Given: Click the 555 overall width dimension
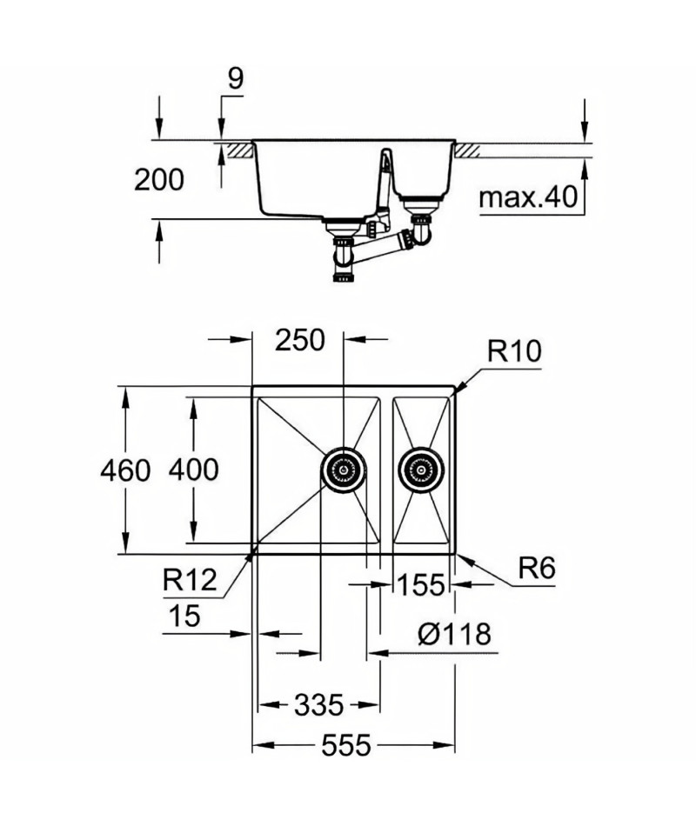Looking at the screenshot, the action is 346,745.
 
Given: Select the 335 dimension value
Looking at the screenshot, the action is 318,705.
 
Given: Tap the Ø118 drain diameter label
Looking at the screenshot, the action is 454,634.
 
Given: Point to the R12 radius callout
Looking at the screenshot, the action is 190,580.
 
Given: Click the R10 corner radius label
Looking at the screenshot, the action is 514,351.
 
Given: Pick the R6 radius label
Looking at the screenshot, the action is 537,569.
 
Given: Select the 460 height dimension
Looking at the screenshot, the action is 125,470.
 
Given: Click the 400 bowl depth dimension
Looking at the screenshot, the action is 193,470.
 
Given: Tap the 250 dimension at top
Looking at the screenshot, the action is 300,340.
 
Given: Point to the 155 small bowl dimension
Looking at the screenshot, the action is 421,585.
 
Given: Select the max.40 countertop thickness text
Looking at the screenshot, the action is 528,197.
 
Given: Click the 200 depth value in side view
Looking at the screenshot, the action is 158,180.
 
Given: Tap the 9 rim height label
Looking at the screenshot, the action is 235,78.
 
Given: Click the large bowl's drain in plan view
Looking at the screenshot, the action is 344,470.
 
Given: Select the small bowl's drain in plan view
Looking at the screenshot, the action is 421,470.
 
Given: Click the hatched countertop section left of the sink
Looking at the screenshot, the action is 241,150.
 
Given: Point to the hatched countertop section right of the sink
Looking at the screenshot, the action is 467,150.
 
